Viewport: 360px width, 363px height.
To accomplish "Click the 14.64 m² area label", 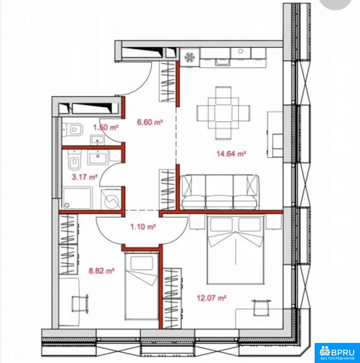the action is point(231,154).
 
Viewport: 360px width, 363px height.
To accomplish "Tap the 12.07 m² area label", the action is point(211,298).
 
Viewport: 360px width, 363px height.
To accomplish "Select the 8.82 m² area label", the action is point(102,271).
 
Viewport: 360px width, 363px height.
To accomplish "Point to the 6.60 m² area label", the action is point(150,122).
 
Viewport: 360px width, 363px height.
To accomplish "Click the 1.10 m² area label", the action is point(143,226).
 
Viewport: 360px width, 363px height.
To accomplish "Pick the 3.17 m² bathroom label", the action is point(84,177).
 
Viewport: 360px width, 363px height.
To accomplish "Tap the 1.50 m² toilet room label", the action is point(106,127).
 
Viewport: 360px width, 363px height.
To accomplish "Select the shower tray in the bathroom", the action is point(77,199).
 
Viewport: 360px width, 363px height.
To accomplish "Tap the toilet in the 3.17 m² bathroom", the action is point(74,159).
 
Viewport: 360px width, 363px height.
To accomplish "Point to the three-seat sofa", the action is point(219,192).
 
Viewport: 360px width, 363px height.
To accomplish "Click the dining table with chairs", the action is point(223,113).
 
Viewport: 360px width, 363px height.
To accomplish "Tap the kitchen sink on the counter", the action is point(222,62).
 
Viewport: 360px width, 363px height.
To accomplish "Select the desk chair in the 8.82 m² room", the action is point(80,304).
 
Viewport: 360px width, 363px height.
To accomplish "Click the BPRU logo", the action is point(337,352).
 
